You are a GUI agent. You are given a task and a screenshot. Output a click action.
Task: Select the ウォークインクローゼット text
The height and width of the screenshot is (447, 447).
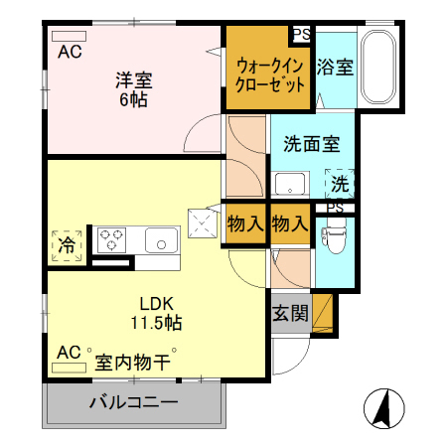270,75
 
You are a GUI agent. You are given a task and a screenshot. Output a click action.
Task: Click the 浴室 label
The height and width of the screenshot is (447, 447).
335,68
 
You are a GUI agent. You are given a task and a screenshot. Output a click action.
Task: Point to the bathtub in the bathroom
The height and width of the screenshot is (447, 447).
377,69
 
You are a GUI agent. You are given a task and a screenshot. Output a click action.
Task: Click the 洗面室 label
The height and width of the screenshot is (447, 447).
311,143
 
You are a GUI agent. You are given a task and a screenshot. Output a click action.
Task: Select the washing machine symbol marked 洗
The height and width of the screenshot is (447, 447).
340,184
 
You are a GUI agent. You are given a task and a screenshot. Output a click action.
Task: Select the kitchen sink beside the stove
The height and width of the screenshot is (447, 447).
159,239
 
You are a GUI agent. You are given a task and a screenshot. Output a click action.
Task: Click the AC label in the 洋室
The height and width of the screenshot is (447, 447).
69,52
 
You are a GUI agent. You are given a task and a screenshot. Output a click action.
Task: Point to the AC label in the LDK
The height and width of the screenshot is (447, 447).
68,352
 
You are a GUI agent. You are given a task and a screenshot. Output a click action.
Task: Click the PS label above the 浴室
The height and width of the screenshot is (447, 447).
301,34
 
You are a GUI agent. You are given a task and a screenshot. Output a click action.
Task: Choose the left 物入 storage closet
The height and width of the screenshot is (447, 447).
244,223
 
